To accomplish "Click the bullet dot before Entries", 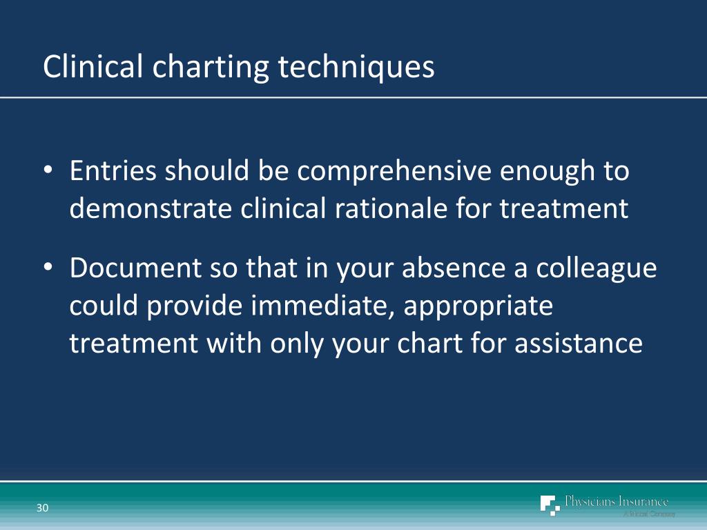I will tap(48, 172).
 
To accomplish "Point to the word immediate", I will tap(325, 306).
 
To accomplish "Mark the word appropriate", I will tap(478, 307).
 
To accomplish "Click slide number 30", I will tap(43, 509).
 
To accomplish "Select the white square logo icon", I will tap(550, 505).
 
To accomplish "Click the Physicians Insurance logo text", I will tap(617, 502).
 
